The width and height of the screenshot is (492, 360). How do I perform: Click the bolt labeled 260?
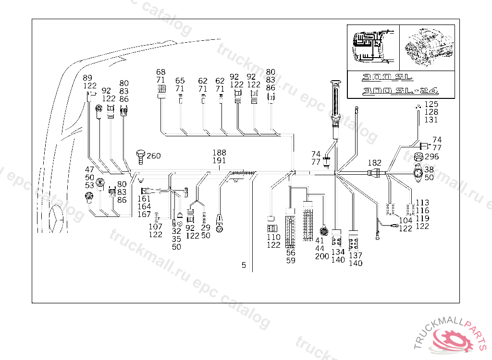pos(140,157)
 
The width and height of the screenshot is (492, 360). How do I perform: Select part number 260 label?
pos(154,156)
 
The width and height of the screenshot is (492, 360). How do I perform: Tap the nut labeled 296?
pos(418,156)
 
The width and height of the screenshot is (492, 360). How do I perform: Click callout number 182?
pos(375,163)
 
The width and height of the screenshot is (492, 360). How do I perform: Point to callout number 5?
pos(244,265)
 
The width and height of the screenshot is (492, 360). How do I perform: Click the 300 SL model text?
pos(387,77)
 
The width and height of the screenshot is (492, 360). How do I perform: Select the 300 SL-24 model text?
pos(400,91)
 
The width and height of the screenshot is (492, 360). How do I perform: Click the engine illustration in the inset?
pos(427,47)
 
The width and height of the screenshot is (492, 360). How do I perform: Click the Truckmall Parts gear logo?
pos(449,339)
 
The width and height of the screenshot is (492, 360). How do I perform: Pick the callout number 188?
pos(219,153)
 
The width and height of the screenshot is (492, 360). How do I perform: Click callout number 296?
pos(432,156)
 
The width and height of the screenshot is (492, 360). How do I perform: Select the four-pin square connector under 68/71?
pos(162,89)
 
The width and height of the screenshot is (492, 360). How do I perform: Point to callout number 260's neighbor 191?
pos(219,160)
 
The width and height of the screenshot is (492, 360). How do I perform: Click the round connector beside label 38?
pos(418,173)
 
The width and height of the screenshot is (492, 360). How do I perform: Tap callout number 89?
pos(87,78)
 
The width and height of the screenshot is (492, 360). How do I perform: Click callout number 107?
pos(155,227)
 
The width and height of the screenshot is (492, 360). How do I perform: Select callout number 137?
pos(356,255)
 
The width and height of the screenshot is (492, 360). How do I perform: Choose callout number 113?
pos(422,203)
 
